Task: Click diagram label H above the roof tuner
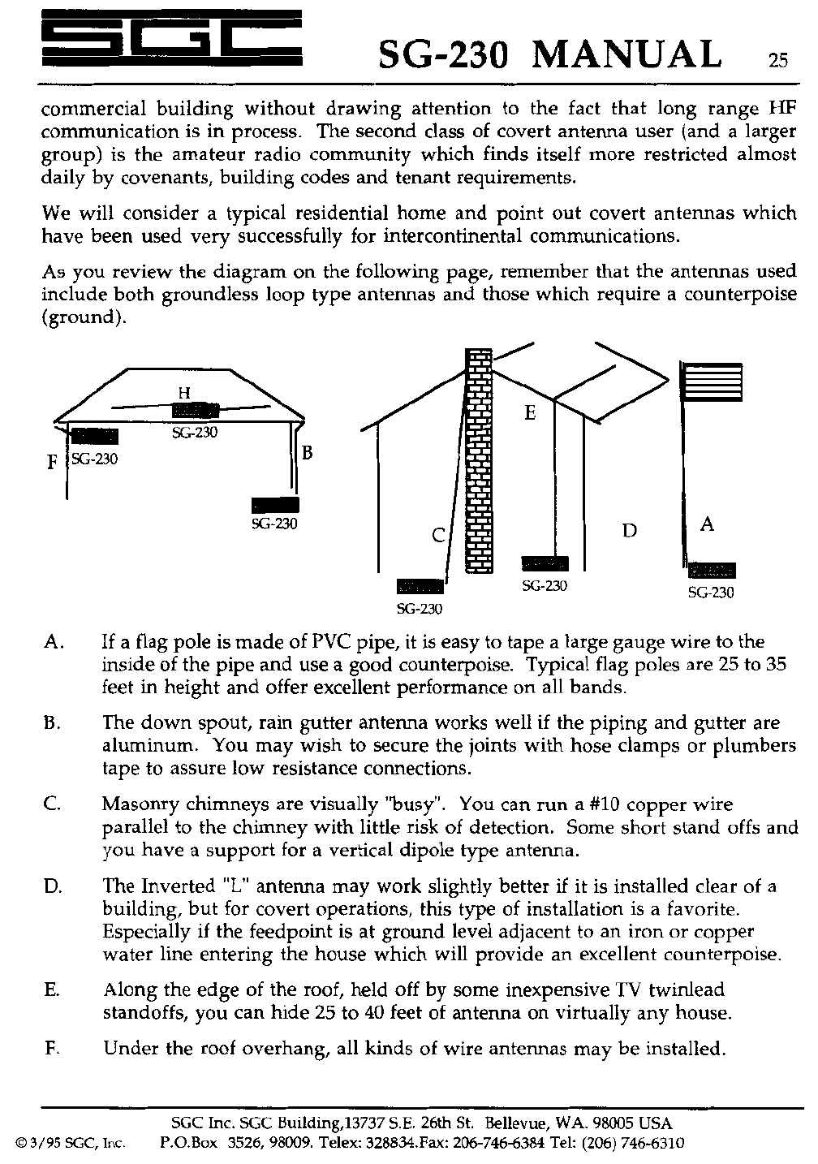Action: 183,393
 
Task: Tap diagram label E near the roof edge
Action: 530,413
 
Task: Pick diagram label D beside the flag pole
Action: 629,531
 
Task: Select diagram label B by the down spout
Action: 308,452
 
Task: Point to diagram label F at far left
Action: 52,463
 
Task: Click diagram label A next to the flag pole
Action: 707,524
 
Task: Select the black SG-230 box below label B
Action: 275,504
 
